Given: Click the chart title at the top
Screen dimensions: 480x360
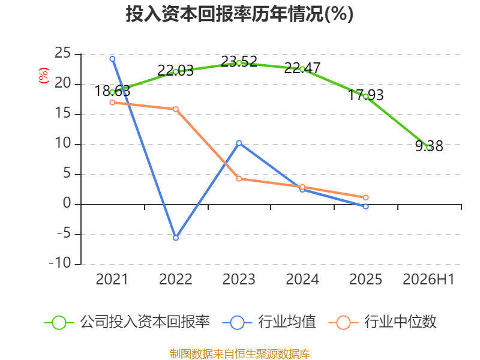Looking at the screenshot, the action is point(239,14).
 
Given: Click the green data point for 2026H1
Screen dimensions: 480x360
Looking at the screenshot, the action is point(429,148).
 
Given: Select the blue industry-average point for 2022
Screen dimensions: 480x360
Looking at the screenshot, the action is point(176,238).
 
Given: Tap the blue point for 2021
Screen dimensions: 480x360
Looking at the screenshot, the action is point(112,59).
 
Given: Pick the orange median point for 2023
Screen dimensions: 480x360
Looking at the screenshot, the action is point(239,179).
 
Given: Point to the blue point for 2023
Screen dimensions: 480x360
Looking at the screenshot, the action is point(239,143).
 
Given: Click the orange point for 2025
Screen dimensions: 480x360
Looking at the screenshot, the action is point(366,198).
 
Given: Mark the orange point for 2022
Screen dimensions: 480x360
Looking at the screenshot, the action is point(176,109).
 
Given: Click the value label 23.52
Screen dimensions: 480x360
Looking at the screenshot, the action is point(239,61).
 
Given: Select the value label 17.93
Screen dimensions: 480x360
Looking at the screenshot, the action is point(366,95).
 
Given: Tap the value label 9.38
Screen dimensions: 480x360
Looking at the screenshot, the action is point(429,146).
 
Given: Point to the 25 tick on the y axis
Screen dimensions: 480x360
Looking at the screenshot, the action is point(63,53).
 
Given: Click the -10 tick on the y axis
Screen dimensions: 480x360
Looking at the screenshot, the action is point(60,263).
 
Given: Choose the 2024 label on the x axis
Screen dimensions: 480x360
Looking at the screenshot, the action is point(302,279).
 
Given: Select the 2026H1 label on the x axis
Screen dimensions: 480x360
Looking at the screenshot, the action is point(428,279).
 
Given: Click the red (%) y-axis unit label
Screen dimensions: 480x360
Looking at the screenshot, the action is point(44,76).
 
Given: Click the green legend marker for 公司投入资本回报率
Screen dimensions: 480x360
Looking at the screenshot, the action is point(59,323).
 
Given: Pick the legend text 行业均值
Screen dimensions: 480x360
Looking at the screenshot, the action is point(287,322).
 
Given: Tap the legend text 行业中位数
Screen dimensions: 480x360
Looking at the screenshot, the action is point(400,322).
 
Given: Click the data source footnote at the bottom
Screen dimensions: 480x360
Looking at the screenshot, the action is point(240,354).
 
